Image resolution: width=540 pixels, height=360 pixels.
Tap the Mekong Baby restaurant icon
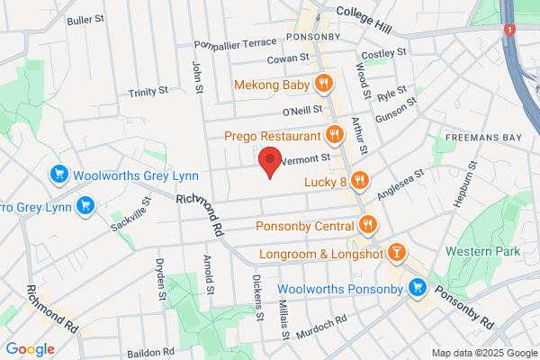point(325,85)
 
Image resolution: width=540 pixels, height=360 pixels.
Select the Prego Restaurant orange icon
point(334,136)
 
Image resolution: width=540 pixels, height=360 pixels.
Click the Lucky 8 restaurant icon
point(360,180)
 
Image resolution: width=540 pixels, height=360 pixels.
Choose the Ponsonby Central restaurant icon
point(369,225)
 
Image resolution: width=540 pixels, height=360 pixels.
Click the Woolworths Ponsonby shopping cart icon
point(417,288)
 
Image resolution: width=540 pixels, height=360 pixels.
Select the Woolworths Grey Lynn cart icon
point(60,174)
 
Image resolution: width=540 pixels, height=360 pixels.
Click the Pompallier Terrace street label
point(237,42)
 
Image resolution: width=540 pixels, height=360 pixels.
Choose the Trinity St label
point(148,91)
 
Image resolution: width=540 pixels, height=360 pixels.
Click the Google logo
point(30,348)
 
